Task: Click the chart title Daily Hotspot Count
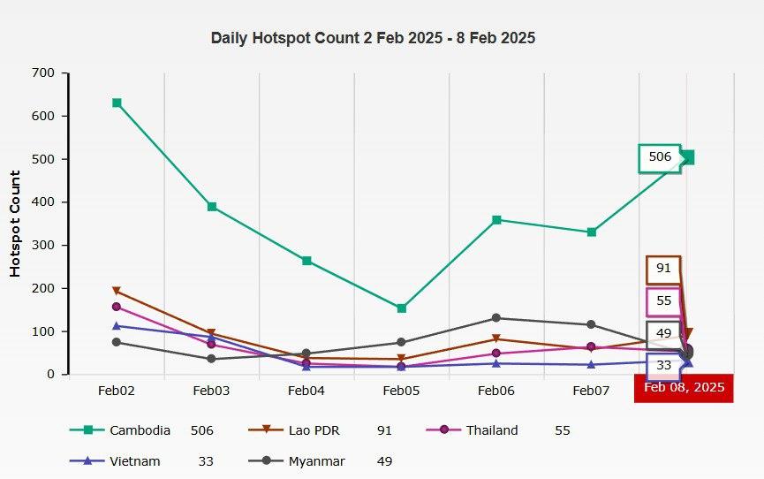[x=373, y=38]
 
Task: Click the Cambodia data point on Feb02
[x=117, y=103]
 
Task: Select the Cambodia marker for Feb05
[x=401, y=308]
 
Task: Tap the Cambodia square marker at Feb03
[x=212, y=207]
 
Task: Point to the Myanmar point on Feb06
[x=496, y=318]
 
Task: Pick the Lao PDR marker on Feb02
[x=117, y=291]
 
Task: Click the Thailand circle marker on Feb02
[x=117, y=307]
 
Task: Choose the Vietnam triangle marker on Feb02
[x=117, y=325]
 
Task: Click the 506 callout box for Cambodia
[x=660, y=157]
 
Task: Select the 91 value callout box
[x=663, y=269]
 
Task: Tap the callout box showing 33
[x=663, y=365]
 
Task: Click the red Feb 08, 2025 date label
[x=684, y=387]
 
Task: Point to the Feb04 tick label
[x=306, y=390]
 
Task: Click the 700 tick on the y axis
[x=42, y=72]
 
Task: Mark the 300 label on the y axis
[x=42, y=245]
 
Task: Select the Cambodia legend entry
[x=140, y=430]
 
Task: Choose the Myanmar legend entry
[x=316, y=461]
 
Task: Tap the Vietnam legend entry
[x=135, y=461]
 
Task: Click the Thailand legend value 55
[x=563, y=430]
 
